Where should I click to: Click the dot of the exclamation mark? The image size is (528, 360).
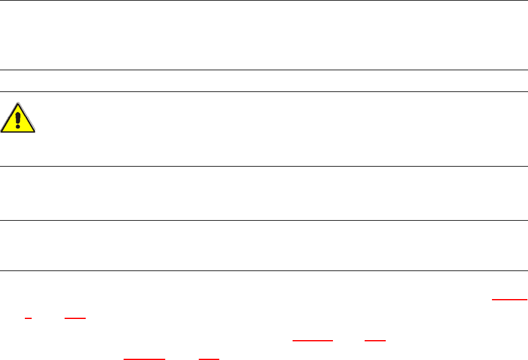click(x=18, y=124)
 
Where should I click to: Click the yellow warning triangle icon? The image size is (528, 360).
click(x=18, y=119)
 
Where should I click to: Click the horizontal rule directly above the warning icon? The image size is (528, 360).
click(x=264, y=91)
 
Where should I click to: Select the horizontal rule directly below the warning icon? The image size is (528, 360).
click(x=264, y=166)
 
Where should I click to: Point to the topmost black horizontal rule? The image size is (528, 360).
click(x=264, y=1)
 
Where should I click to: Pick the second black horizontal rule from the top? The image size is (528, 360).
click(x=264, y=70)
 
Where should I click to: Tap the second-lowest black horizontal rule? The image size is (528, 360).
click(x=264, y=220)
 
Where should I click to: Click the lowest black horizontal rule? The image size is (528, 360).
click(x=264, y=270)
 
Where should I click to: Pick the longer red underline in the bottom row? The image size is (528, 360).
click(x=145, y=359)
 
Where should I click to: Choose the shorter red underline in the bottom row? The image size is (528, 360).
click(x=208, y=359)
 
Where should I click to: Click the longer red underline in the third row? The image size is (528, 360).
click(x=312, y=341)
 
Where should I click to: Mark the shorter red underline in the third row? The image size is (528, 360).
click(x=375, y=341)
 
